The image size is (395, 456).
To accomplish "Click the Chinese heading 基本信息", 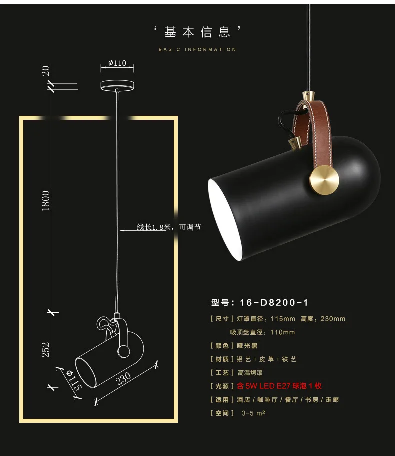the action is (197, 33).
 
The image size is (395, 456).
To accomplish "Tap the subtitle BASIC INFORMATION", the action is (197, 50).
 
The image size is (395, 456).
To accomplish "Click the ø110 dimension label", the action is (117, 63).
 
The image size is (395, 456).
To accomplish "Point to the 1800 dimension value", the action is (46, 200).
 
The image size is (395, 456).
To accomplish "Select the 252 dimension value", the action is (46, 349).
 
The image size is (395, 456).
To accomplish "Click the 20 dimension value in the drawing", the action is (46, 71).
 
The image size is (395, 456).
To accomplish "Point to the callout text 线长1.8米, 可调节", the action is (169, 227).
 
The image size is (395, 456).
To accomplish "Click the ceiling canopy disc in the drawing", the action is (117, 86).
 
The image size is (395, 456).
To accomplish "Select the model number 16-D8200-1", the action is (274, 302).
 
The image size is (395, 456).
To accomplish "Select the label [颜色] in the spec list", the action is (221, 345).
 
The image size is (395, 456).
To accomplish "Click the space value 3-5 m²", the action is (253, 413).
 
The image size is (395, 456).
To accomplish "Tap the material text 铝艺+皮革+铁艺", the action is (275, 359).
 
